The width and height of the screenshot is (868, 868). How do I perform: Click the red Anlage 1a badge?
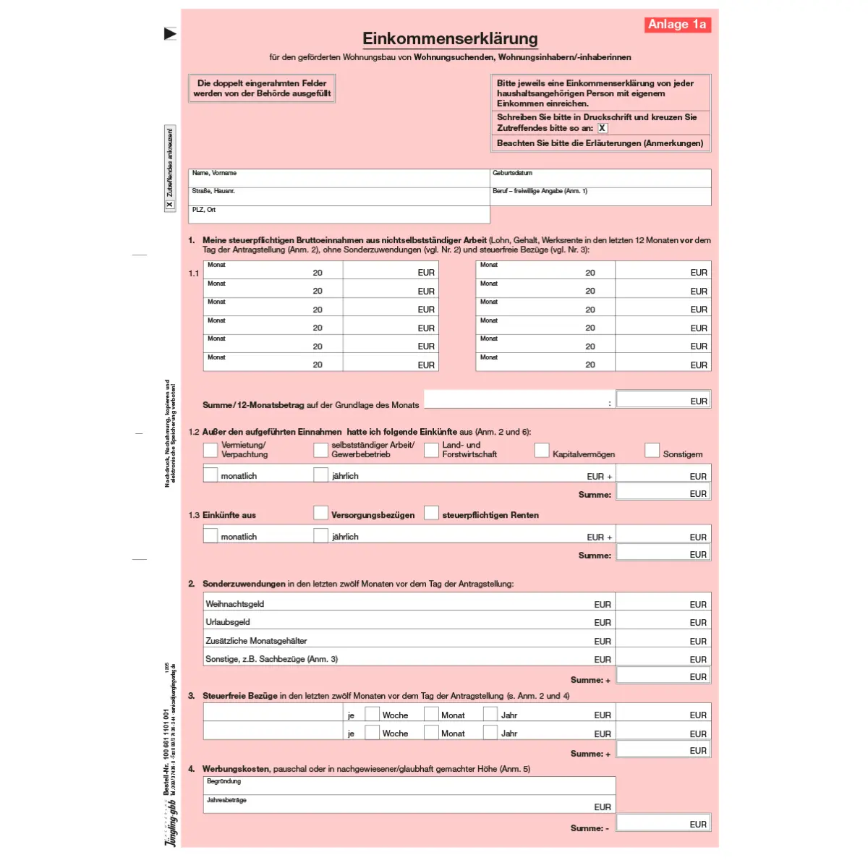click(677, 25)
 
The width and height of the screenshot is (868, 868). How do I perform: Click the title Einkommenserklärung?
click(450, 38)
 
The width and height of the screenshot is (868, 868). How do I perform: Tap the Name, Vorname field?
click(339, 179)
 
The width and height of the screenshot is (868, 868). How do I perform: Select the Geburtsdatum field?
click(600, 179)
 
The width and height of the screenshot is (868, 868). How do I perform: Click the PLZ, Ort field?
click(339, 216)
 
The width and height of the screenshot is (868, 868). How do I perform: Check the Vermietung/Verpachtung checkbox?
click(210, 450)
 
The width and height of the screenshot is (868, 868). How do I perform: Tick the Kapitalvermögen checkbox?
click(542, 450)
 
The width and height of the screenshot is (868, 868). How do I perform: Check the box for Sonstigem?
click(652, 450)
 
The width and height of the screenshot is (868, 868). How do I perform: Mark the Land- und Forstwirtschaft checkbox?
click(431, 450)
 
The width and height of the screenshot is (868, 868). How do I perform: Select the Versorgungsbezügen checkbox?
click(321, 513)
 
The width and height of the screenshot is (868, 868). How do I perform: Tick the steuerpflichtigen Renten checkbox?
click(431, 513)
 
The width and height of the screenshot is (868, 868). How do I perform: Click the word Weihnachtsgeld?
click(235, 604)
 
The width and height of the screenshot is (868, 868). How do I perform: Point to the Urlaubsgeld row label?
click(228, 622)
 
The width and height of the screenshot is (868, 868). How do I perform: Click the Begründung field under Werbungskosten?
click(409, 786)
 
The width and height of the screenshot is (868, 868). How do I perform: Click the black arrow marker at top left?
click(170, 33)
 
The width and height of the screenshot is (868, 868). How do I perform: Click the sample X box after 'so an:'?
click(603, 128)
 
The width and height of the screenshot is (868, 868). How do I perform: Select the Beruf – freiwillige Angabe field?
click(600, 197)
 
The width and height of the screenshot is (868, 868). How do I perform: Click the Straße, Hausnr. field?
click(339, 197)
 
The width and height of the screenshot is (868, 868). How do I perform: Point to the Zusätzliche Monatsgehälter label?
click(256, 641)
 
